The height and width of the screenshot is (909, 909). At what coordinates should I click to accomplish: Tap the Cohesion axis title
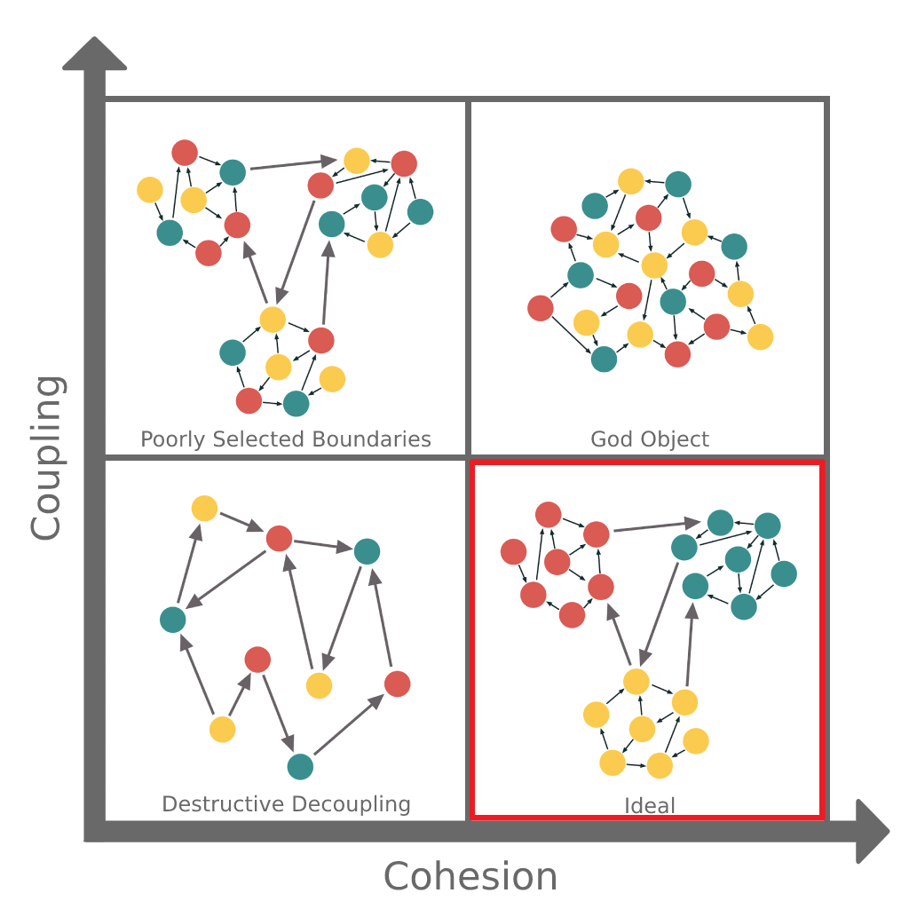(470, 875)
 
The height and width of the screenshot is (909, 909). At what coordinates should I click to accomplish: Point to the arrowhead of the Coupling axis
(94, 53)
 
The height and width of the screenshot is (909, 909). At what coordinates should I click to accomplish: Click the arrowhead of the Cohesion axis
(873, 831)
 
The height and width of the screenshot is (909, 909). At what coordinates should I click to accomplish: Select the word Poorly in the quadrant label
(173, 439)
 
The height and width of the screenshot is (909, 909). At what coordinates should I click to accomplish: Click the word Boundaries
(372, 439)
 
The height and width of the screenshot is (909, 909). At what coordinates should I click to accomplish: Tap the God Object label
(650, 439)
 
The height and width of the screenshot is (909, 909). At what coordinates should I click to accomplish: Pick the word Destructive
(224, 804)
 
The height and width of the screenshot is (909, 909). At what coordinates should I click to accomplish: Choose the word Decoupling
(352, 804)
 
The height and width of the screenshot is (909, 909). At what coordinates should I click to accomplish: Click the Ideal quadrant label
(649, 805)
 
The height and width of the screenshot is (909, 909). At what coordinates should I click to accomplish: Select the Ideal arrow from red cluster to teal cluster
(658, 526)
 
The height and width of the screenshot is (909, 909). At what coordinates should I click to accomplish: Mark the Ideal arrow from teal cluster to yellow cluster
(660, 614)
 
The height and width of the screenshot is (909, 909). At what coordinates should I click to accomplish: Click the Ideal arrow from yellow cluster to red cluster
(619, 634)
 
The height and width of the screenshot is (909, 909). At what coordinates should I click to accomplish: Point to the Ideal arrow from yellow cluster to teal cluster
(690, 644)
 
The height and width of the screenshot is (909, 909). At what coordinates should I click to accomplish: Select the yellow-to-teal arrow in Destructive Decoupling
(197, 675)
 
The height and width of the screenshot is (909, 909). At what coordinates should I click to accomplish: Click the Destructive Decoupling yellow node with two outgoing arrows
(222, 730)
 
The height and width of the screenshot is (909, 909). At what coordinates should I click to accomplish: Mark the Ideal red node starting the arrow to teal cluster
(596, 534)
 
